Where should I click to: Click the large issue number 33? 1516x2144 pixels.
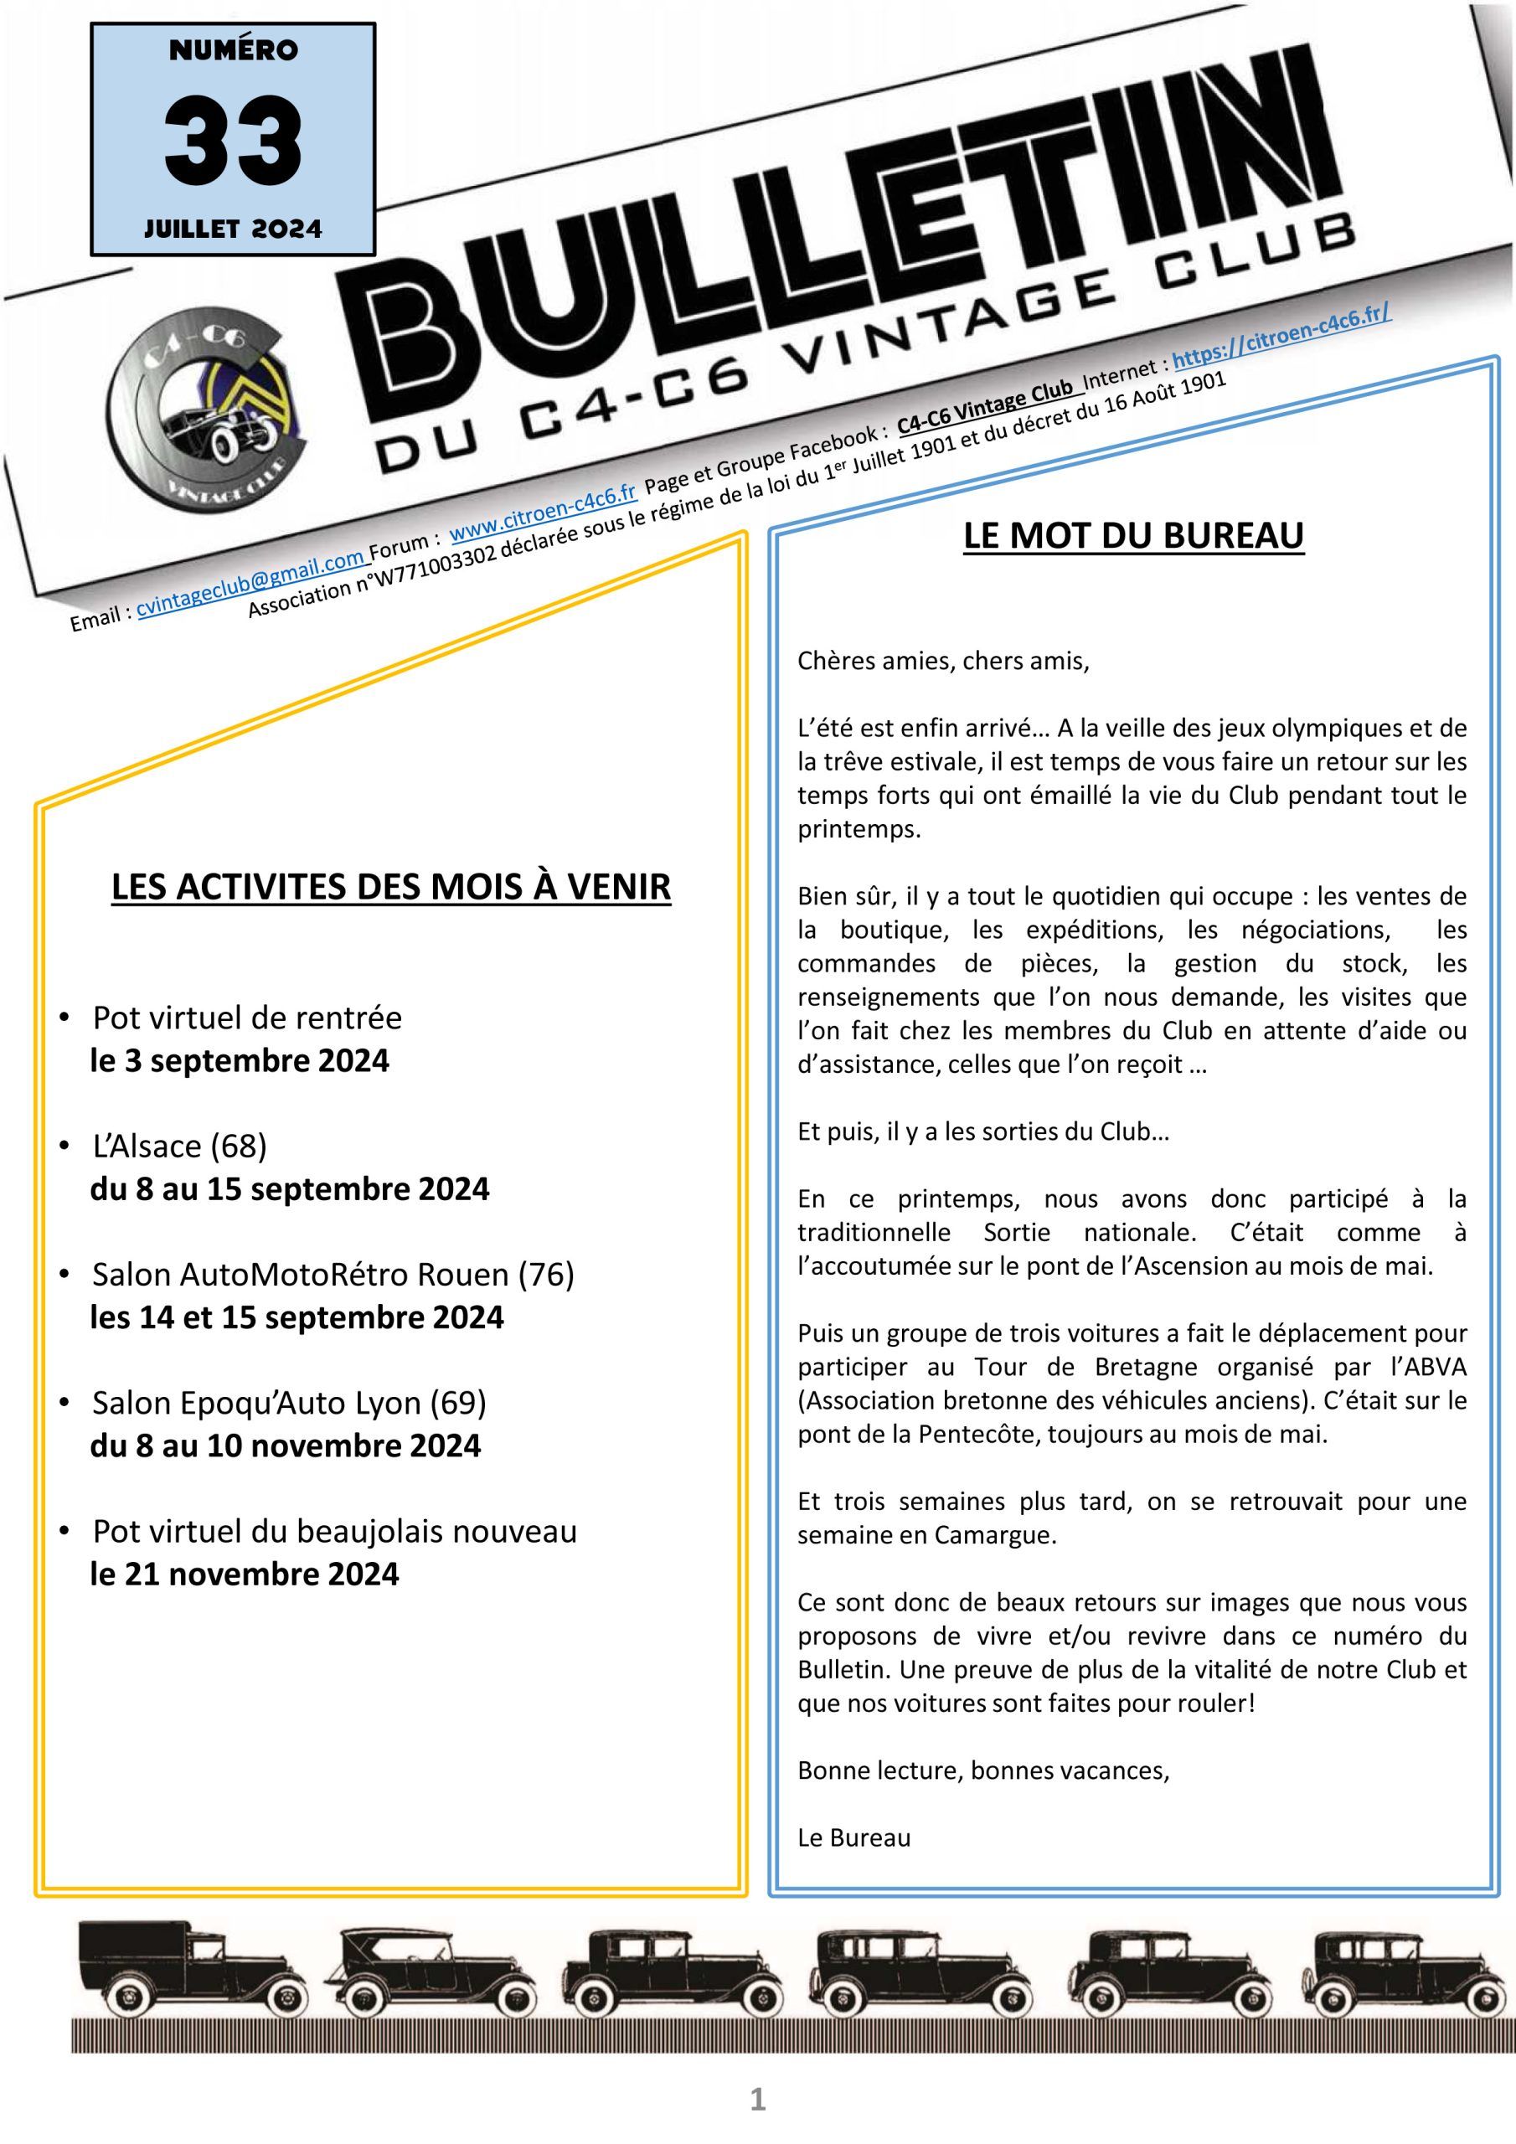[233, 142]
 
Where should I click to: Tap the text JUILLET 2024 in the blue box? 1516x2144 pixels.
[233, 229]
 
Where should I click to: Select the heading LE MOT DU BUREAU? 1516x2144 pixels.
[1133, 536]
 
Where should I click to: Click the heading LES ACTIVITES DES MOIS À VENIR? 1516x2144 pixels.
[390, 887]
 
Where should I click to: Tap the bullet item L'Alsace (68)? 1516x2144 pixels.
[179, 1145]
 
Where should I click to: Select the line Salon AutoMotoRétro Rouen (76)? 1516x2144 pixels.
[333, 1274]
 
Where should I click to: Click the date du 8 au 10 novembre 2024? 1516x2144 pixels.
[285, 1446]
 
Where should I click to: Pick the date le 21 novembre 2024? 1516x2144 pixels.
[244, 1574]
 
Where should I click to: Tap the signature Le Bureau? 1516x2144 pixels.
[853, 1837]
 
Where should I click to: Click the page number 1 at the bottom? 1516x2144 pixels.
[757, 2100]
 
